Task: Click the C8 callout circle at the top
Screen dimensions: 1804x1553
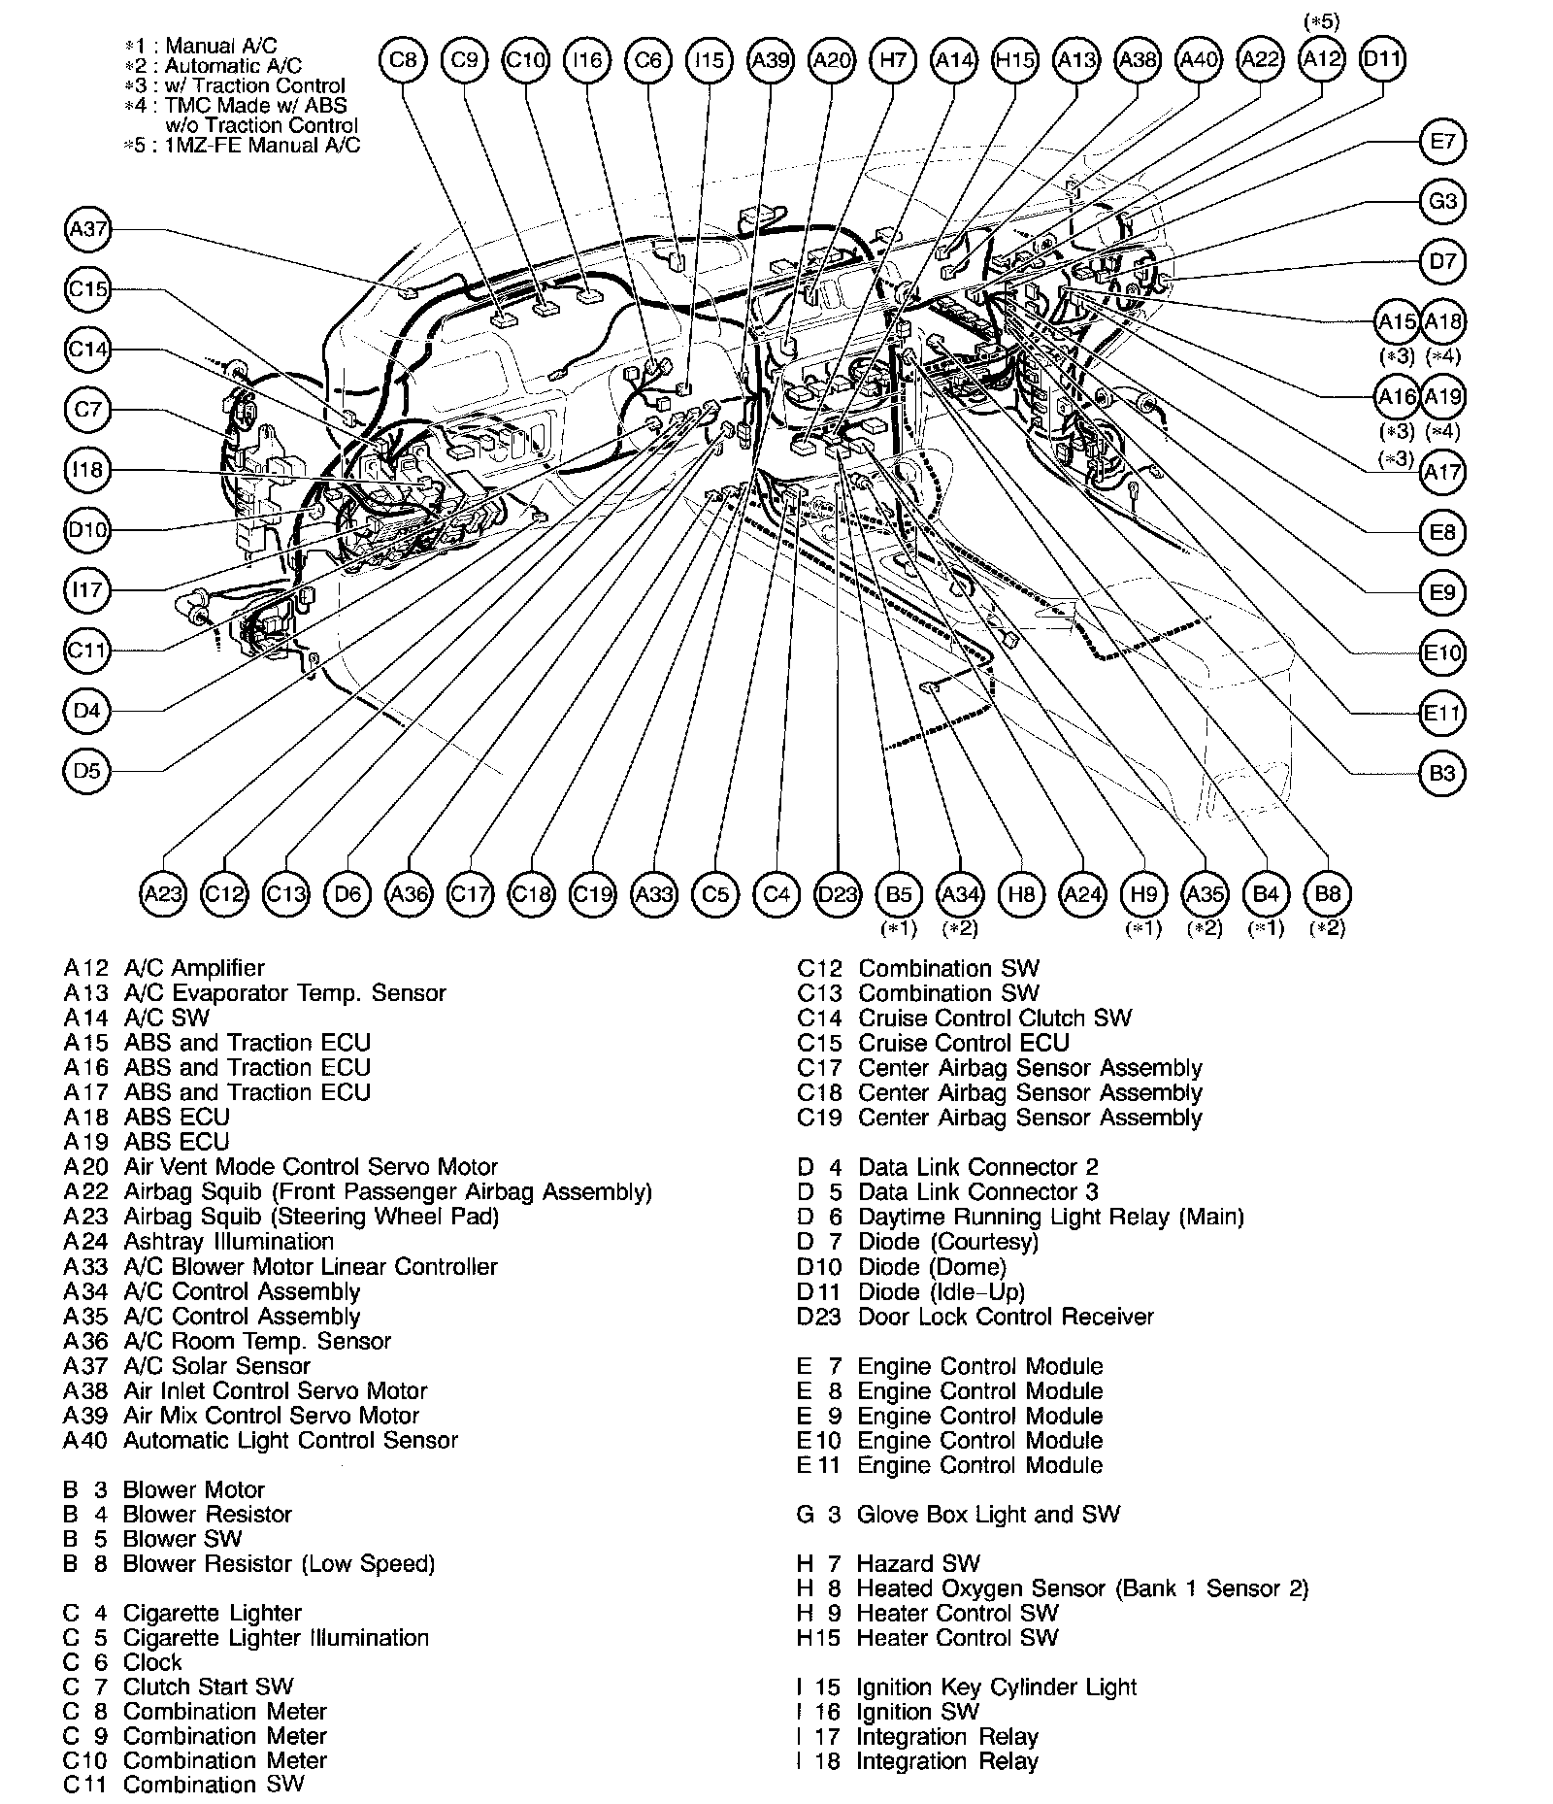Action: [403, 60]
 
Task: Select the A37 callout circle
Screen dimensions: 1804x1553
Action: [88, 229]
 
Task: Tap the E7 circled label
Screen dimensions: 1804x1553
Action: [1442, 142]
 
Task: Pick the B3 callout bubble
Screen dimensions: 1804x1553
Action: [1442, 773]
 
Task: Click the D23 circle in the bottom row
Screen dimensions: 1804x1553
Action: [838, 893]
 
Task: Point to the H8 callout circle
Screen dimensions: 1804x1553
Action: [1021, 893]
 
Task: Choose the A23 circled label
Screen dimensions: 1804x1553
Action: [163, 893]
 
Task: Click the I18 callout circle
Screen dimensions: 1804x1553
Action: [88, 470]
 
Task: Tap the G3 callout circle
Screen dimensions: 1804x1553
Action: [1442, 202]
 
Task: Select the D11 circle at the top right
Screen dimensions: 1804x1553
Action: [1382, 60]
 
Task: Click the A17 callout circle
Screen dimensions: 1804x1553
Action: [1442, 473]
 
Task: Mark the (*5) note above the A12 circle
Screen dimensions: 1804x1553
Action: [1321, 21]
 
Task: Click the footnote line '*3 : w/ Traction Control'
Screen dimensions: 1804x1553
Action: [236, 85]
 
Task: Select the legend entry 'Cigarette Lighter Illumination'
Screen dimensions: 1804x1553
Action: [276, 1637]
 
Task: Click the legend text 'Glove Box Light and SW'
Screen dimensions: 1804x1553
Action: [988, 1514]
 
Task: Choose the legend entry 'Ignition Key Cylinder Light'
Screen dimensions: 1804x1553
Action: [996, 1687]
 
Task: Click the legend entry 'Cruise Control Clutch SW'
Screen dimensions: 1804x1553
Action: [995, 1018]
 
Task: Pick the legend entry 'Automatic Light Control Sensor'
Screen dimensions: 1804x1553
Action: [290, 1440]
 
